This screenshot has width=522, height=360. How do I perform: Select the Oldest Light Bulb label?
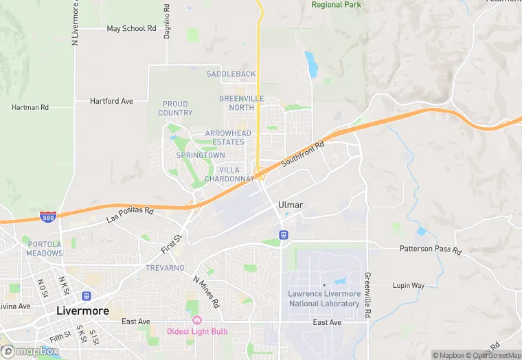click(x=197, y=332)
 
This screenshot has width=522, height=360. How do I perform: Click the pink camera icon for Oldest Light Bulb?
click(x=197, y=320)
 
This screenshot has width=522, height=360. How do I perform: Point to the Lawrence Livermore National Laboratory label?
click(x=324, y=298)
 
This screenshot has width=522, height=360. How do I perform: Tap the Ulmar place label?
click(x=291, y=205)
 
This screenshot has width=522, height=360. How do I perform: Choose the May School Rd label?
click(x=132, y=29)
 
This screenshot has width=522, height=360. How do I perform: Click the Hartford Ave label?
click(x=111, y=101)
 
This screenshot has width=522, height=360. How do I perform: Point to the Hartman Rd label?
click(x=30, y=107)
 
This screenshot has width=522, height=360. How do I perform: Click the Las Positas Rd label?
click(x=130, y=214)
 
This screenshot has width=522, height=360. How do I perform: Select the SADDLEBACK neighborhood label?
click(x=231, y=74)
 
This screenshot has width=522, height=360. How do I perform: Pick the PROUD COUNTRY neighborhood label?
click(x=175, y=109)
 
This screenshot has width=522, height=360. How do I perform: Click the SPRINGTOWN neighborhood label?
click(x=200, y=156)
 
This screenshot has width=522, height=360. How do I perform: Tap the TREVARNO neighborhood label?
click(x=165, y=268)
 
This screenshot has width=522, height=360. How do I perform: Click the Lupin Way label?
click(x=408, y=285)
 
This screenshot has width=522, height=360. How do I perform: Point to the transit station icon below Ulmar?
click(x=282, y=235)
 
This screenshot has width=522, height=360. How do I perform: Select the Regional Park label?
click(x=336, y=5)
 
